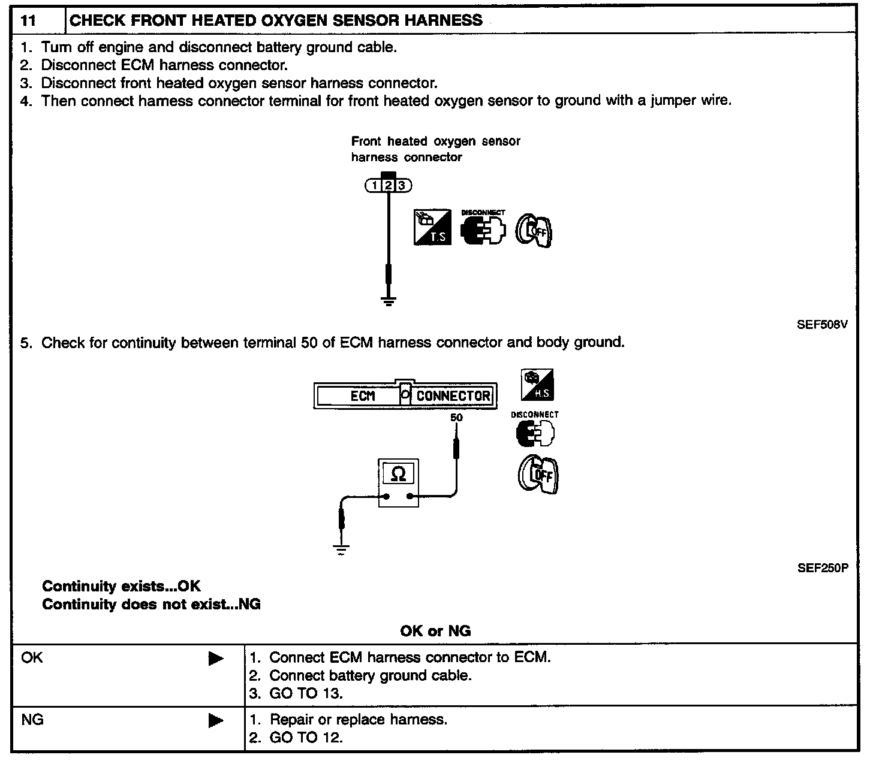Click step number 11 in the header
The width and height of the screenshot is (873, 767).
pos(28,21)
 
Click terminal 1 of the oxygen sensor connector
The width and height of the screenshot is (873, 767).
pos(375,186)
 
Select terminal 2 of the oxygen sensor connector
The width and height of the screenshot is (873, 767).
pos(389,186)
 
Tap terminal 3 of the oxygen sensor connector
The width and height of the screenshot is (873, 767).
pos(402,186)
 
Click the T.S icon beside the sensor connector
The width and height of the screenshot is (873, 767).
pos(432,227)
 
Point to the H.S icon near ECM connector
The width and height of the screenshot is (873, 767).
pos(537,385)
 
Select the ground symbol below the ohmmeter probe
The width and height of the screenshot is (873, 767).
pos(341,550)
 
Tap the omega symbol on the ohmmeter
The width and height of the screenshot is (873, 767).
pos(398,475)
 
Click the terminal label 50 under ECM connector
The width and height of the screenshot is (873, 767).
pos(456,418)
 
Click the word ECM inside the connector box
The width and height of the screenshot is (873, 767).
pos(363,396)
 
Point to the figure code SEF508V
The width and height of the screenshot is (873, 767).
pos(822,325)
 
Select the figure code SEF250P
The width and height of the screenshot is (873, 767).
pos(822,568)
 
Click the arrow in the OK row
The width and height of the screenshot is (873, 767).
pos(216,659)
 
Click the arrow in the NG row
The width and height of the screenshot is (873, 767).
pos(216,721)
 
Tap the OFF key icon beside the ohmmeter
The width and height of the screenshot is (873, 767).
pos(538,475)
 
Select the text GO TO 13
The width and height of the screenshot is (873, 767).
pos(306,694)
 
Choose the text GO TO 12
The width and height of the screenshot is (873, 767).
pos(306,738)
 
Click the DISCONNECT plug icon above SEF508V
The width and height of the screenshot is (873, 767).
pos(483,229)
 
